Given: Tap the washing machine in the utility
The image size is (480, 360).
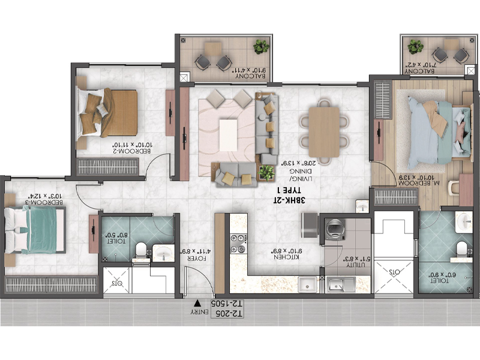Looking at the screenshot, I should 332,230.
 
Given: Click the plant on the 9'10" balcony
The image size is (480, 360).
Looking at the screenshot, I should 260,47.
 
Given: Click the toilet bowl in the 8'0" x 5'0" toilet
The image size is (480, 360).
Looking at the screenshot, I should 140,248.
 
